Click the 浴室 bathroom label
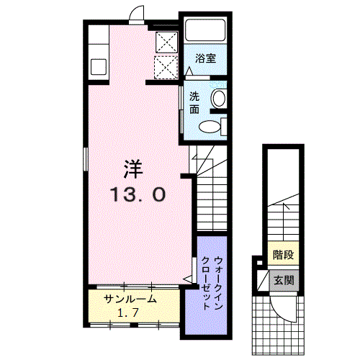[x=205, y=58]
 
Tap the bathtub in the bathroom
[x=205, y=30]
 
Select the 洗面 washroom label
[x=194, y=103]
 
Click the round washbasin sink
[x=218, y=98]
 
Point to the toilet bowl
[x=210, y=126]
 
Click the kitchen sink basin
[x=99, y=67]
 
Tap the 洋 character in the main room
[x=133, y=169]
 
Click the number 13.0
[x=138, y=194]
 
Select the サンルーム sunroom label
[x=130, y=300]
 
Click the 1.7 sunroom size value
[x=128, y=312]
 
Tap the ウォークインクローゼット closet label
[x=212, y=284]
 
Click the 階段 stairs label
[x=284, y=255]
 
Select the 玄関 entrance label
[x=284, y=280]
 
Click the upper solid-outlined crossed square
[x=166, y=42]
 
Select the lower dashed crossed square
[x=166, y=67]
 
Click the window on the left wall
[x=85, y=159]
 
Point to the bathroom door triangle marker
[x=189, y=71]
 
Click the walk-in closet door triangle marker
[x=189, y=279]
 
